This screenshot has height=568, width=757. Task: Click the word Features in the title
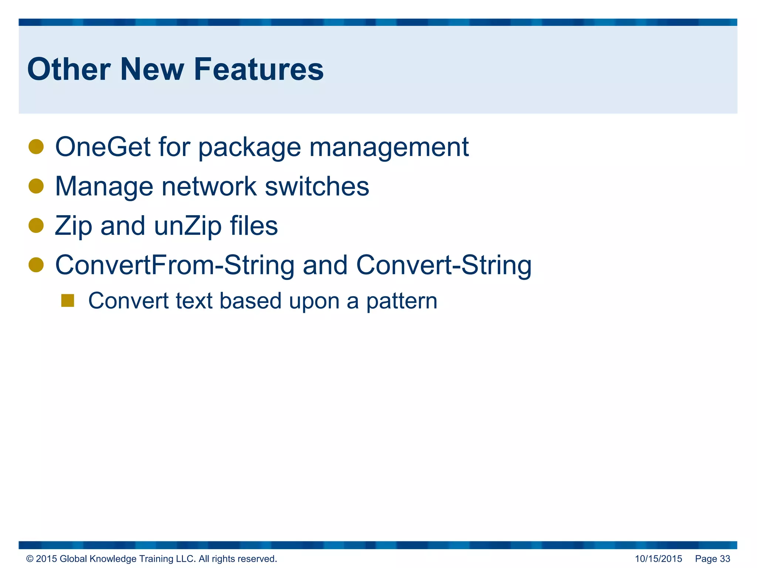pyautogui.click(x=258, y=70)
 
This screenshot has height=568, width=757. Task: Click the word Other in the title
pyautogui.click(x=69, y=70)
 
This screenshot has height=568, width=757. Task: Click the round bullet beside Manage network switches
pyautogui.click(x=36, y=186)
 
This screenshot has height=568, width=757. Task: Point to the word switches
pyautogui.click(x=317, y=186)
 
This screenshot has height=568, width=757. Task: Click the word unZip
pyautogui.click(x=188, y=226)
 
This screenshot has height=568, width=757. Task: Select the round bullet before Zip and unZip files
pyautogui.click(x=36, y=225)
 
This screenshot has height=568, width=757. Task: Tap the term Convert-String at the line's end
pyautogui.click(x=444, y=266)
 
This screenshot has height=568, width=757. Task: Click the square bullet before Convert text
pyautogui.click(x=68, y=301)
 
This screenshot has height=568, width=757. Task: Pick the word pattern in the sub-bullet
pyautogui.click(x=402, y=301)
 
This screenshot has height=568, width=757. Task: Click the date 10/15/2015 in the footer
pyautogui.click(x=658, y=559)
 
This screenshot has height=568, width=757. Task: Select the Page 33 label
pyautogui.click(x=712, y=559)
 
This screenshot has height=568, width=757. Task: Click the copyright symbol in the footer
pyautogui.click(x=30, y=559)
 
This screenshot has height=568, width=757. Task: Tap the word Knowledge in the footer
pyautogui.click(x=113, y=559)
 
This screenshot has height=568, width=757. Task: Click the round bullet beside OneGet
pyautogui.click(x=36, y=146)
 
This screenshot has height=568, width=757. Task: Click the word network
pyautogui.click(x=209, y=186)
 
